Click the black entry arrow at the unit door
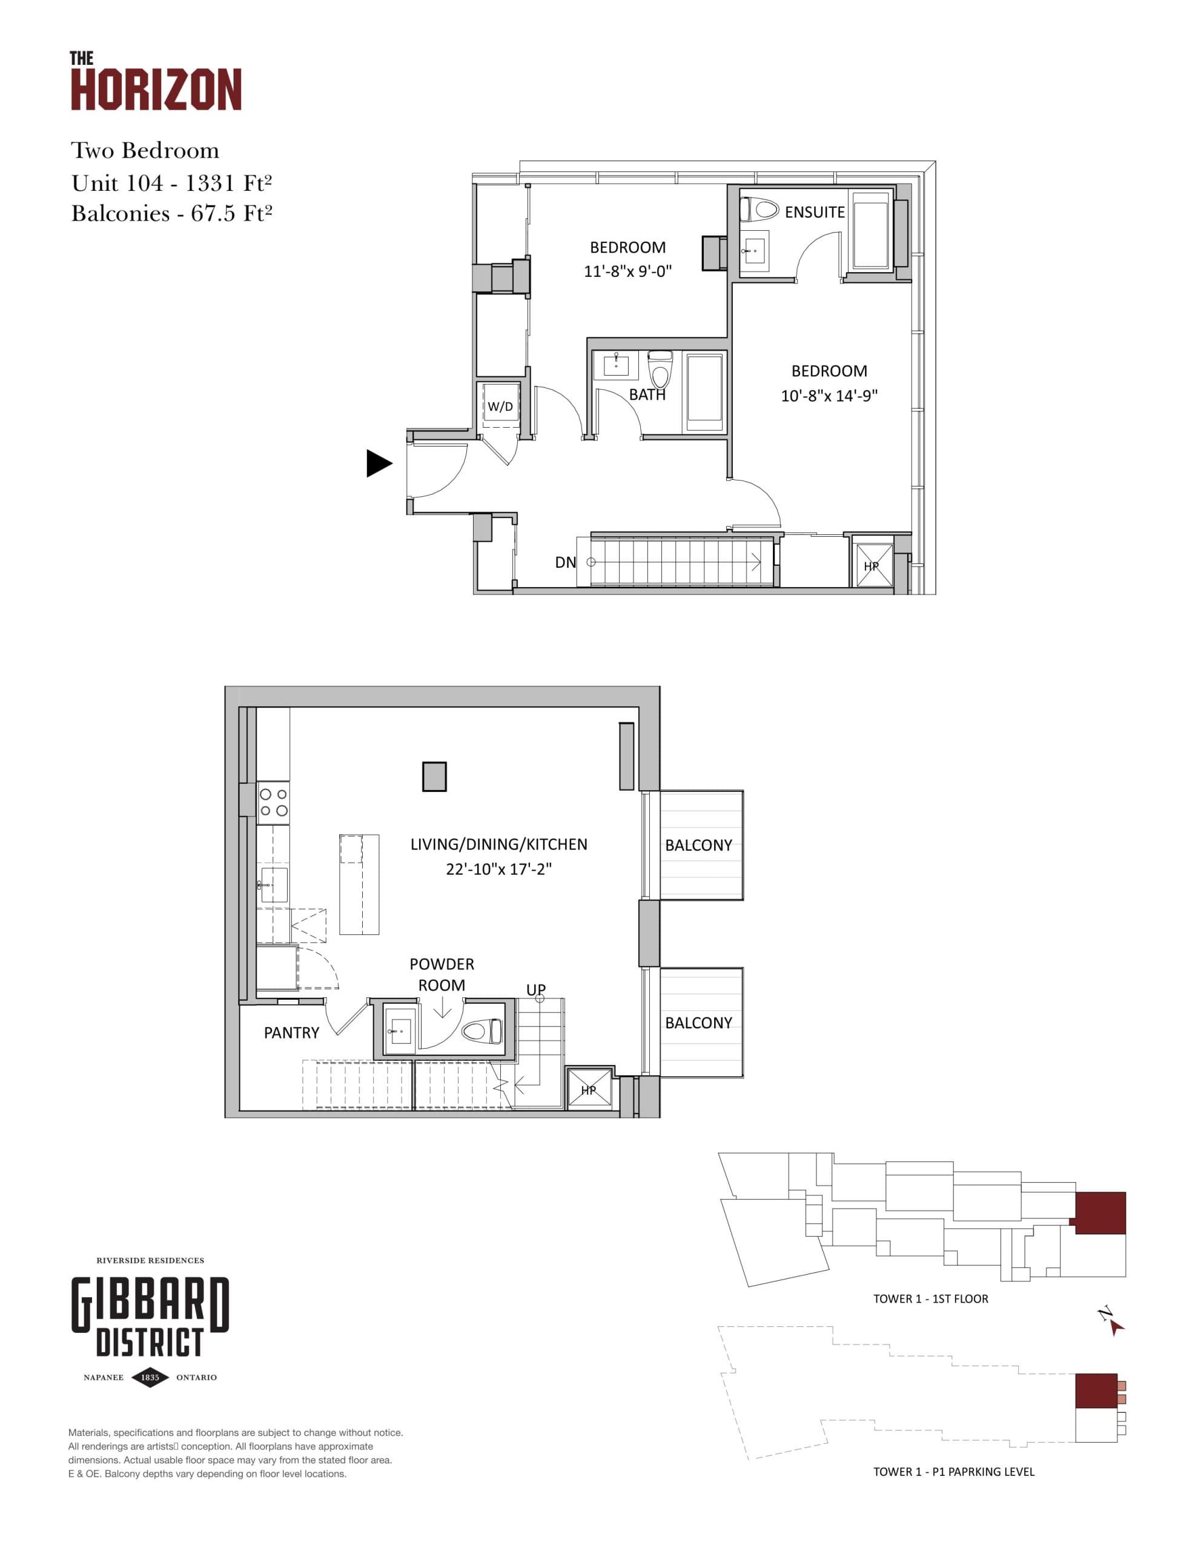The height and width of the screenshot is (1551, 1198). (x=379, y=463)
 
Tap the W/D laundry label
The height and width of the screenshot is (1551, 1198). (x=500, y=406)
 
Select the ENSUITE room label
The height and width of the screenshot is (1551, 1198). (x=814, y=211)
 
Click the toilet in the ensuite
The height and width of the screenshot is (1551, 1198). (x=760, y=210)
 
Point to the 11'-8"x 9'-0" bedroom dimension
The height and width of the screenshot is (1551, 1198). (x=627, y=271)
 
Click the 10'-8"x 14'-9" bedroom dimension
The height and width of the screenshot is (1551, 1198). (x=829, y=396)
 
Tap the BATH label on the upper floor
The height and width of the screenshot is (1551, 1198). (x=647, y=395)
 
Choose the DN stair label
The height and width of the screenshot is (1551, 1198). (x=565, y=562)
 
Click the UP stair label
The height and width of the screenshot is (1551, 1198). (x=535, y=989)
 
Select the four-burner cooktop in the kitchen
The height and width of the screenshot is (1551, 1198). (x=273, y=803)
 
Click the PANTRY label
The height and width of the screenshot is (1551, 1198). (x=291, y=1032)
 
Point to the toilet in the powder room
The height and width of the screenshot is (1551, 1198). (x=482, y=1031)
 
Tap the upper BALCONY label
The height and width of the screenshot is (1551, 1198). (x=698, y=845)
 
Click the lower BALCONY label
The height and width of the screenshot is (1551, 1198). (x=698, y=1023)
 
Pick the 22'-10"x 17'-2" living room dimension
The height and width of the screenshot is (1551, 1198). (x=498, y=869)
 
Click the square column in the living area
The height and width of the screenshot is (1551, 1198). (x=434, y=776)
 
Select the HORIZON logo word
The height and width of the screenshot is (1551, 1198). (x=156, y=90)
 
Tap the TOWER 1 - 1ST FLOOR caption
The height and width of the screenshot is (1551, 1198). (x=930, y=1299)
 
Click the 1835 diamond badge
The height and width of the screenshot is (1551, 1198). (x=150, y=1377)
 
